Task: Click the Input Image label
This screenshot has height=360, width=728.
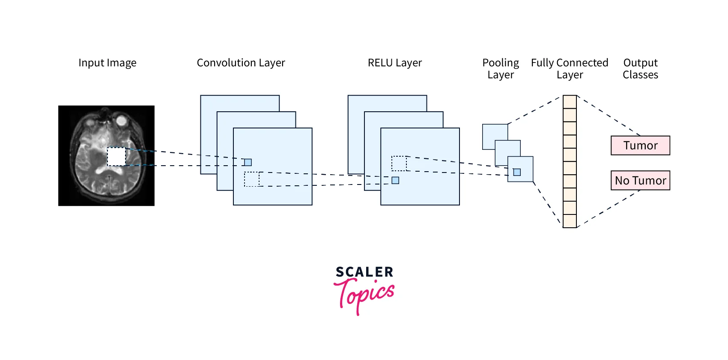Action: tap(107, 63)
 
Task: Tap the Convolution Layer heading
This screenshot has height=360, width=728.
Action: tap(241, 63)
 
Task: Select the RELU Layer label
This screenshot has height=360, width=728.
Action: tap(394, 63)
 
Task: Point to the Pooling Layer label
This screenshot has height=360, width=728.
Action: tap(500, 68)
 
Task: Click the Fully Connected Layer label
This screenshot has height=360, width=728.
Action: tap(570, 68)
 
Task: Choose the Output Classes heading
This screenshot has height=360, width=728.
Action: tap(640, 68)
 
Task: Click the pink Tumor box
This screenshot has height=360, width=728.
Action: tap(640, 146)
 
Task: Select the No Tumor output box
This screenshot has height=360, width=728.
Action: tap(640, 180)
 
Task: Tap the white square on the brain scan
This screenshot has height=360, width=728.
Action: tap(116, 157)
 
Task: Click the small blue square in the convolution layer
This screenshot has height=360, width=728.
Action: tap(248, 162)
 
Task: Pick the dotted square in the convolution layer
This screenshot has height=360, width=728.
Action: tap(252, 179)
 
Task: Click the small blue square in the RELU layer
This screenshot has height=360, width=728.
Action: tap(395, 180)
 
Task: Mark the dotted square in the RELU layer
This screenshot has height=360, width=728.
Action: tap(399, 164)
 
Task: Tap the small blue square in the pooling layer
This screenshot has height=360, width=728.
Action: tap(517, 172)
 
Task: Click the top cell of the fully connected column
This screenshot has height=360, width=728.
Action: tap(570, 102)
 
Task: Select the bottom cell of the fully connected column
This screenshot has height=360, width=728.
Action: tap(570, 221)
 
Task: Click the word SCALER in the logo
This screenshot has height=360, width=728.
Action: tap(364, 272)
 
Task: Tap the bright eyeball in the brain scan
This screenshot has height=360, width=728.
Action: tap(122, 120)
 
